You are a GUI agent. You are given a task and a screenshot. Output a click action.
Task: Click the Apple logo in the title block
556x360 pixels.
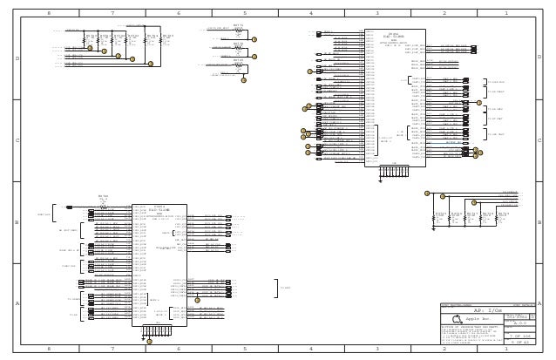click(457, 319)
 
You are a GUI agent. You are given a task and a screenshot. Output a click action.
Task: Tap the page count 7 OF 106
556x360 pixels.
click(521, 336)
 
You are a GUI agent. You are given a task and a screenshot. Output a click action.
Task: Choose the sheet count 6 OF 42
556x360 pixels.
click(521, 343)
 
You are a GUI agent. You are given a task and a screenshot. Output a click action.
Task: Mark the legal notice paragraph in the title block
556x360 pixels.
click(471, 335)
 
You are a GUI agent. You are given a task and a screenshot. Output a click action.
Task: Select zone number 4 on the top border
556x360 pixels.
click(311, 14)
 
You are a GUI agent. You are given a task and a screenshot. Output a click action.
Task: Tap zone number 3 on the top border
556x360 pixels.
click(377, 14)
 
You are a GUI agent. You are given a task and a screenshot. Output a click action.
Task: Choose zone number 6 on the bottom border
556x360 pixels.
click(179, 348)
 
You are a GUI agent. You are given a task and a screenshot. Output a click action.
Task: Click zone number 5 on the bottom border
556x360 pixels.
click(245, 348)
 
